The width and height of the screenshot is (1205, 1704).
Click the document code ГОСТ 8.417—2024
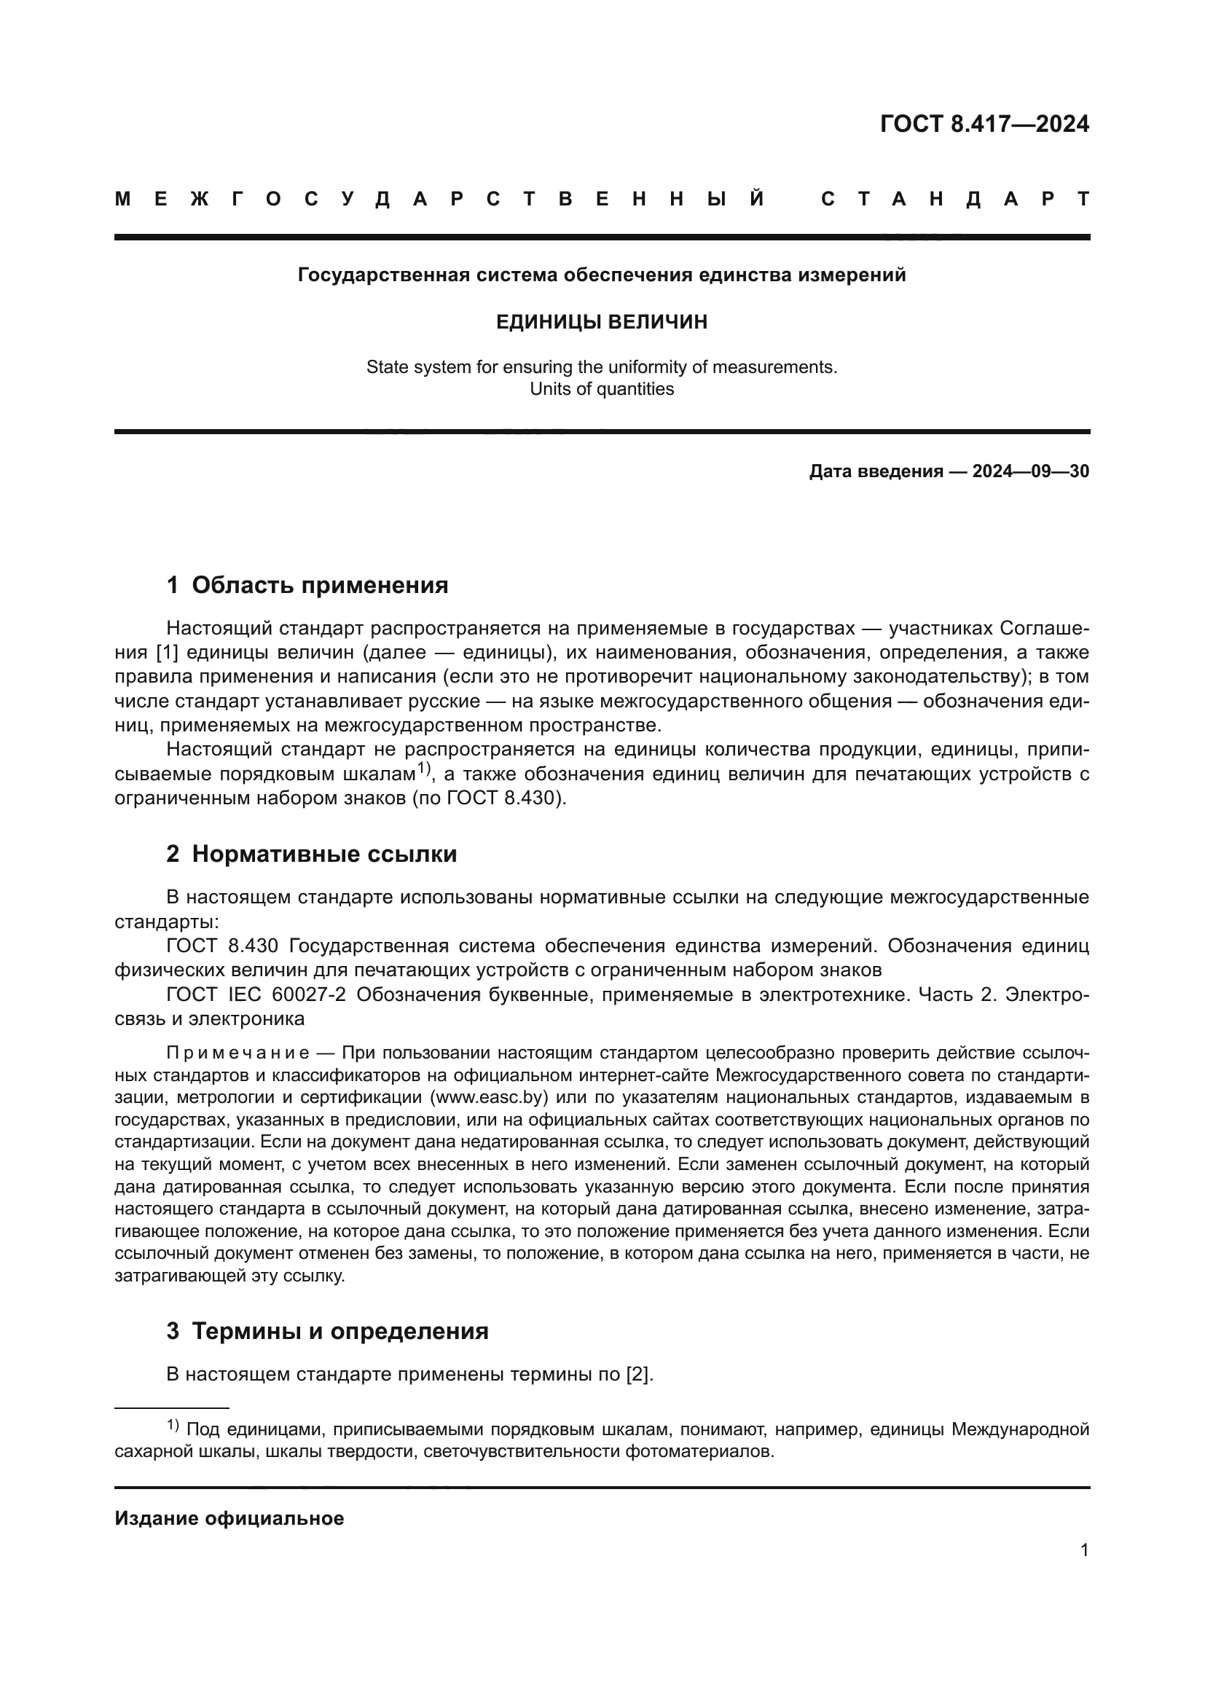coord(984,124)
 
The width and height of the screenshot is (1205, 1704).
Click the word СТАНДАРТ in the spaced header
coord(955,199)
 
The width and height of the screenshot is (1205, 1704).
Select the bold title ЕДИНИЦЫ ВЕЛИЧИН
coord(601,322)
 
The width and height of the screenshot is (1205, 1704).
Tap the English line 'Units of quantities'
coord(601,389)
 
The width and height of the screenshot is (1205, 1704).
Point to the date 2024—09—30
coord(1031,471)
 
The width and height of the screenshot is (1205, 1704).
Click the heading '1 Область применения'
coord(307,585)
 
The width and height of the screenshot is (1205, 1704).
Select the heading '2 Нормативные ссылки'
coord(311,854)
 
